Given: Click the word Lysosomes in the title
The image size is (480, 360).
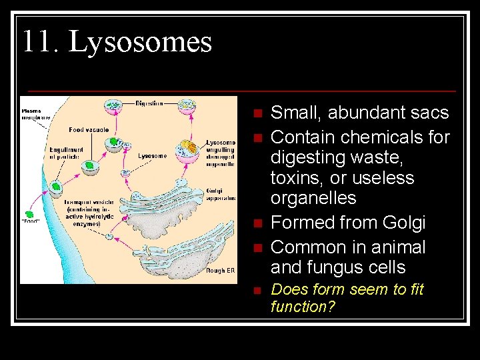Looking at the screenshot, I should tap(141, 41).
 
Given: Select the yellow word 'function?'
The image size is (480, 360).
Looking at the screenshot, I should tap(303, 307).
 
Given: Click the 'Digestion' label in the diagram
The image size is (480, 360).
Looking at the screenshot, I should tap(149, 103).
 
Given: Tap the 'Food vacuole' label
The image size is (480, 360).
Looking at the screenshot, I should tap(89, 129).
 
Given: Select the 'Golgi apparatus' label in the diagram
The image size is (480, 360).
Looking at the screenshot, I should tap(221, 193).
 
